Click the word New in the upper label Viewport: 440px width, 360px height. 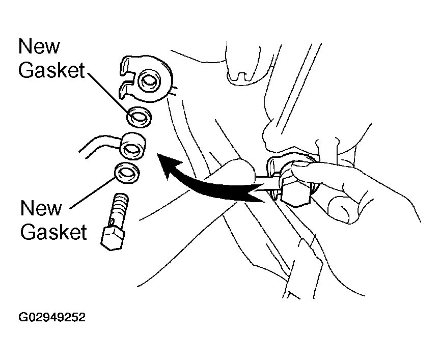click(39, 47)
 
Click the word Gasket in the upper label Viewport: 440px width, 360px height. click(51, 71)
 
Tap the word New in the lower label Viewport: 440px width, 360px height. click(41, 208)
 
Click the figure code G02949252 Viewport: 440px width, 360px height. click(51, 318)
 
